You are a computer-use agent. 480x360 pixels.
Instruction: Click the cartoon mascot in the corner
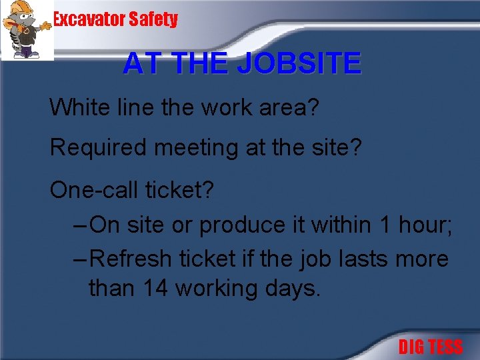click(27, 30)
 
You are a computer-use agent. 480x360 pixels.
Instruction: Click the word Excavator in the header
click(89, 19)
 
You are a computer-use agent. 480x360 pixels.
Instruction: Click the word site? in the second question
click(336, 147)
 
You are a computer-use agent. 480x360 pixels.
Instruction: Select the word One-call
click(93, 190)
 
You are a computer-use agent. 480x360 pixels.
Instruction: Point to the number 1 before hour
click(385, 225)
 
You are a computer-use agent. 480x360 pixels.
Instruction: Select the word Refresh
click(128, 258)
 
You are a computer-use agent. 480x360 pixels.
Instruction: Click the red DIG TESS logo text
click(430, 347)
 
